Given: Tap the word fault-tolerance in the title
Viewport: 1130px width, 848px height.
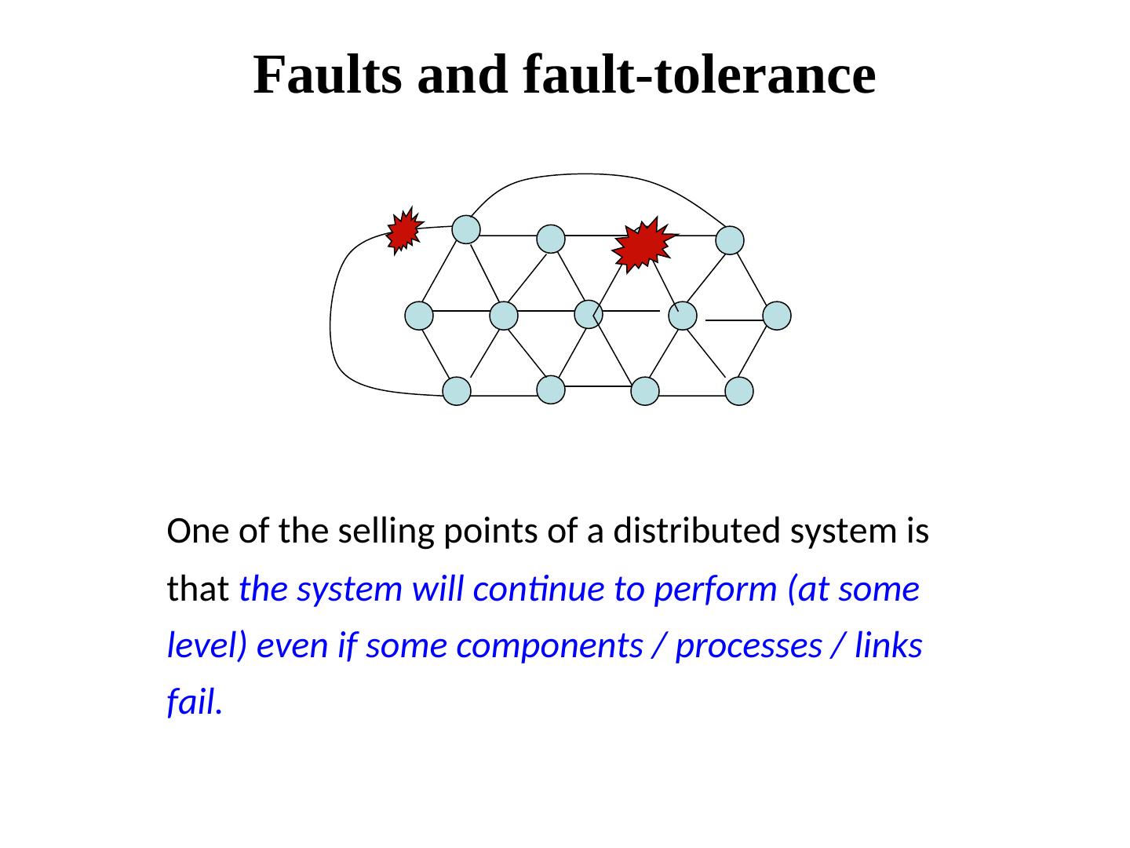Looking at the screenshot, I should pyautogui.click(x=698, y=75).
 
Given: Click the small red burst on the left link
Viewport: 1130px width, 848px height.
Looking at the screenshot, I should pyautogui.click(x=404, y=231).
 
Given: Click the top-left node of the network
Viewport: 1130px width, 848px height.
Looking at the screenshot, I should pyautogui.click(x=466, y=229).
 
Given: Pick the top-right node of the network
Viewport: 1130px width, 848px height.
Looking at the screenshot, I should pyautogui.click(x=730, y=240).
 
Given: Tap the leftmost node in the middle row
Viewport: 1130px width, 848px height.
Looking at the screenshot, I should pyautogui.click(x=420, y=316).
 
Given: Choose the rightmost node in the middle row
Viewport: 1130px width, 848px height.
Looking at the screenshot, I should pyautogui.click(x=777, y=316).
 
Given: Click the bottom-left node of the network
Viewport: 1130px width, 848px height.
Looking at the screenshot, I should pyautogui.click(x=457, y=391).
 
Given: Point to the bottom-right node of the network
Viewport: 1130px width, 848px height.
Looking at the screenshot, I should pyautogui.click(x=739, y=391).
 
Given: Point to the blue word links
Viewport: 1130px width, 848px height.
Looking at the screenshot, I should pyautogui.click(x=888, y=646).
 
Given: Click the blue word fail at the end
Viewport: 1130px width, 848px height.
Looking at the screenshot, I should pyautogui.click(x=193, y=703).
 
